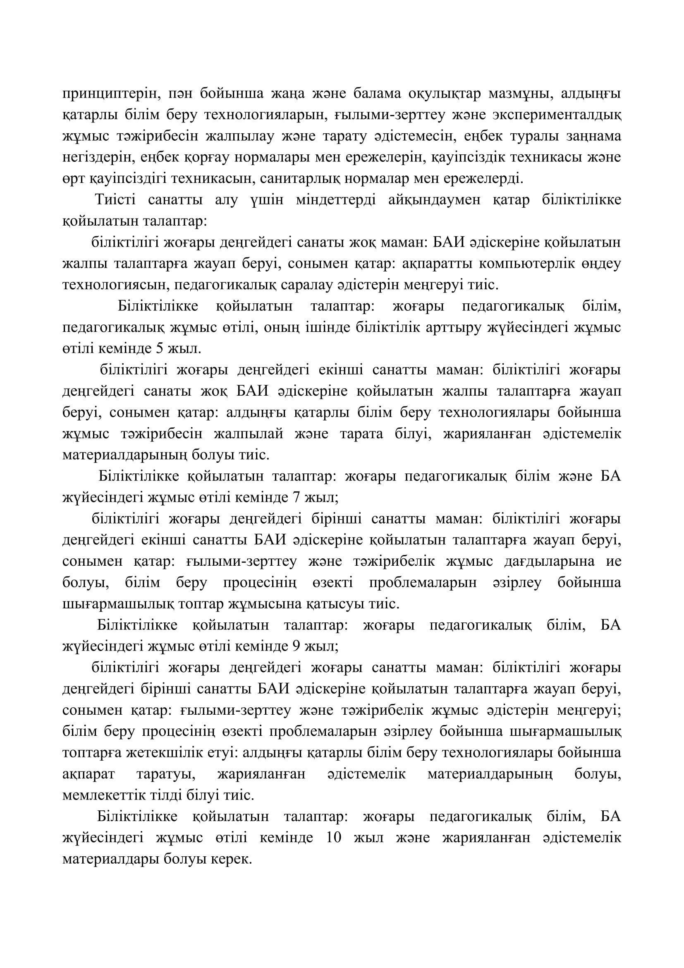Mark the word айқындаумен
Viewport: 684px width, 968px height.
point(434,200)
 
